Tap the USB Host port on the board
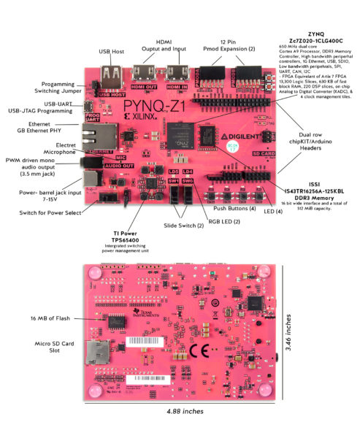(x=114, y=75)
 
